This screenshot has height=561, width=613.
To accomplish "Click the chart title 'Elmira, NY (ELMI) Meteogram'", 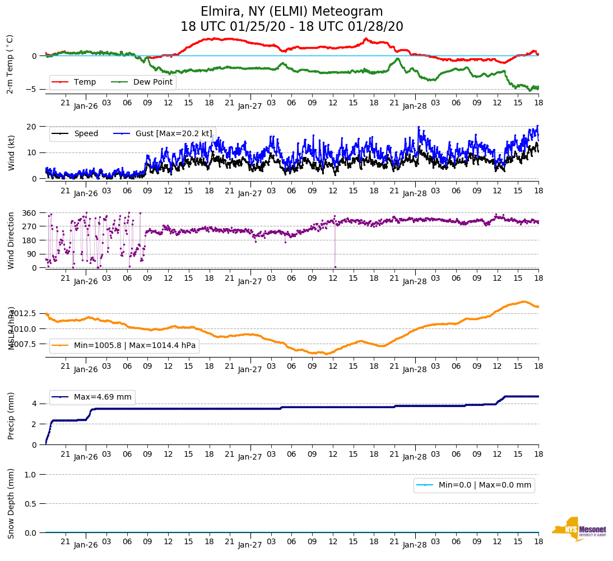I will click(291, 12).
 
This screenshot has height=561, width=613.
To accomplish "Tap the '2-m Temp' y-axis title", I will click(10, 64).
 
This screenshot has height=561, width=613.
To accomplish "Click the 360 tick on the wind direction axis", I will click(29, 213).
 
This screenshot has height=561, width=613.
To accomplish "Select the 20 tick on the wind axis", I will click(32, 127).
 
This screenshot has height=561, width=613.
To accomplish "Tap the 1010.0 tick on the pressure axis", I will click(24, 328).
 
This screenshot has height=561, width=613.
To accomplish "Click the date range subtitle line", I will click(291, 27).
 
